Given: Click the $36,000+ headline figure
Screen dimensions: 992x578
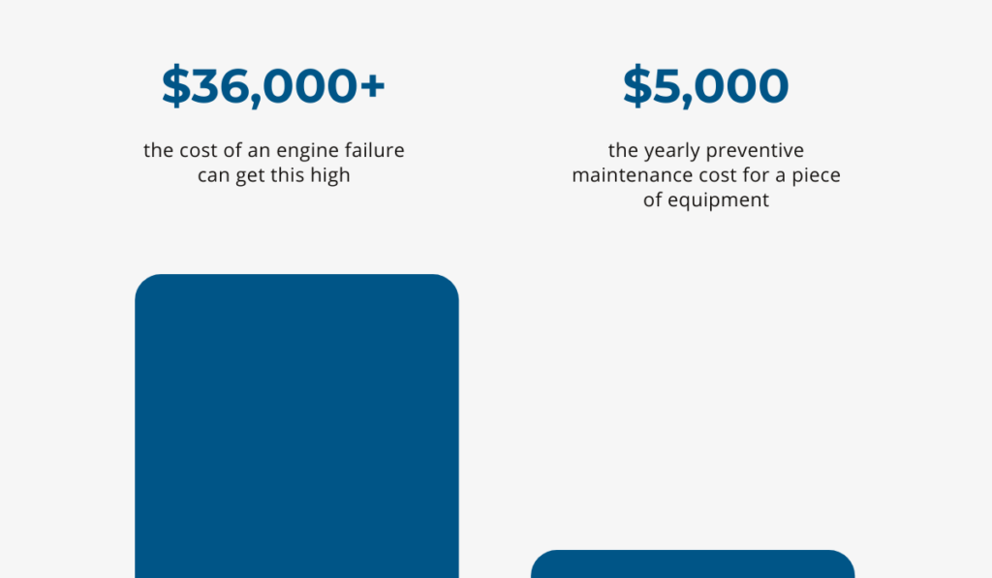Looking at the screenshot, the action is click(273, 86).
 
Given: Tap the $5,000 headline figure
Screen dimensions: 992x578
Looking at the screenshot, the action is click(705, 86).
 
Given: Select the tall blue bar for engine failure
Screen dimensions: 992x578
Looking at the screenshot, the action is click(296, 426).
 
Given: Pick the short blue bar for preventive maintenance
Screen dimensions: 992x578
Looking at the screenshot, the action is click(693, 563).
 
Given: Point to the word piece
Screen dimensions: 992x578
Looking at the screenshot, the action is click(816, 176).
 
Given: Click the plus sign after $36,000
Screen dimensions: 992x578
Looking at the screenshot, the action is click(373, 85).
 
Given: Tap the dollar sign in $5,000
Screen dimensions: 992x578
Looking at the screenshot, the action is click(637, 86).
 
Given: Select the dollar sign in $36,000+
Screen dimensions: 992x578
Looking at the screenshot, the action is click(176, 86).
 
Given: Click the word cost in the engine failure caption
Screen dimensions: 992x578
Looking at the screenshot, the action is click(199, 150).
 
